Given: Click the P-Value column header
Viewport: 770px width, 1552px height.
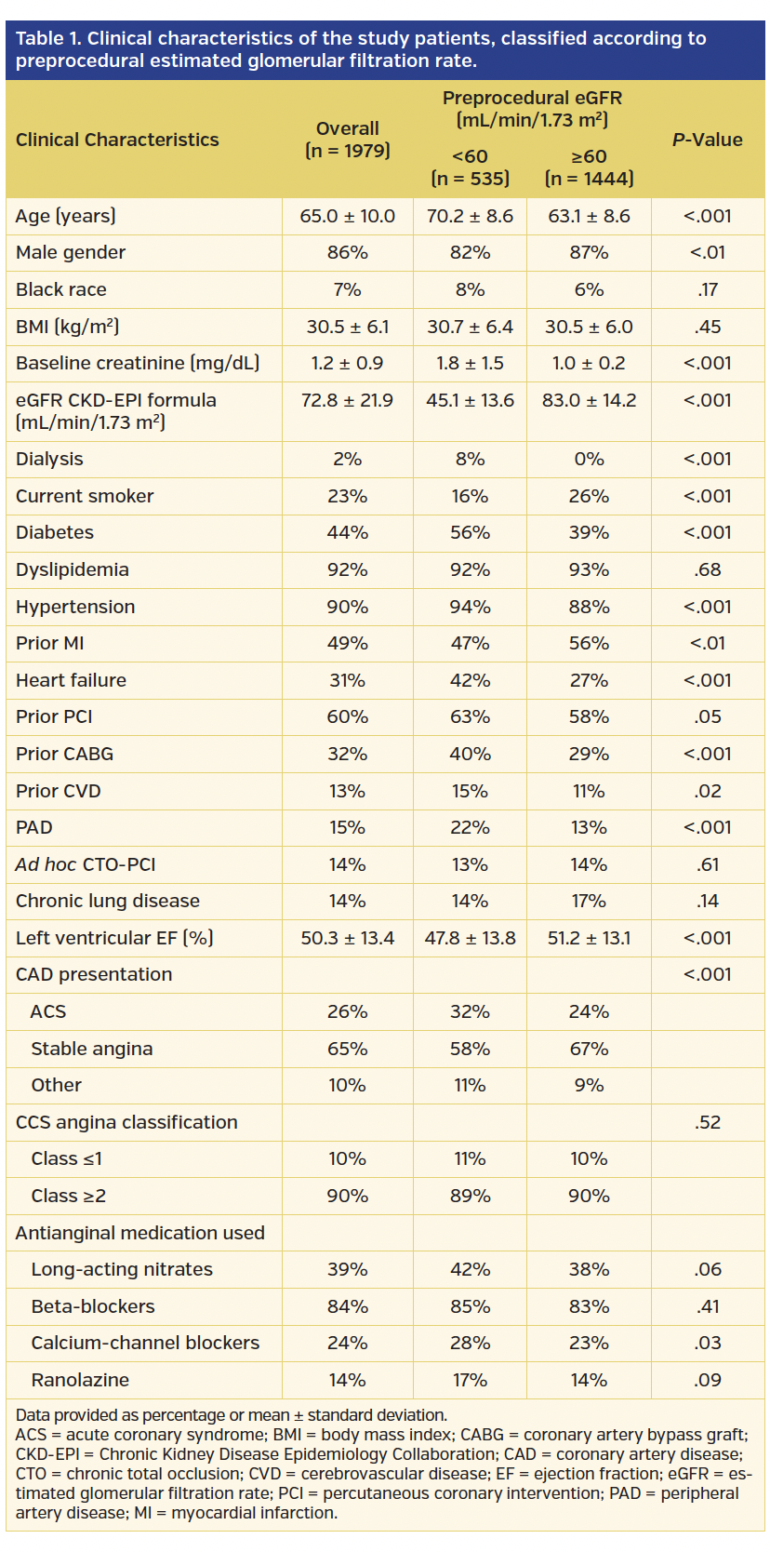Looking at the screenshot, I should [x=707, y=140].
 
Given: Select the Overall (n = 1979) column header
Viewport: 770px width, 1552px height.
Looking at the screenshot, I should [x=347, y=140].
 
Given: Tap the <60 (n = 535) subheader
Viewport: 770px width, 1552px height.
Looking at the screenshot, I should [x=470, y=167].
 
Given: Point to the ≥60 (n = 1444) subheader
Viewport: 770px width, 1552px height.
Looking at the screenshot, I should [x=589, y=167].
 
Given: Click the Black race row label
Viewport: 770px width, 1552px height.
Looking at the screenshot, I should [x=61, y=289].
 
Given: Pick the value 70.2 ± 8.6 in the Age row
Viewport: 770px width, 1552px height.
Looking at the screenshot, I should [x=470, y=216].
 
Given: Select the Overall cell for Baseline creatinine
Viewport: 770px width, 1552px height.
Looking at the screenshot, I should [x=347, y=363].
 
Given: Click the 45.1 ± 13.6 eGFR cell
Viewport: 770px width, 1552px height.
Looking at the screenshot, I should [x=470, y=400].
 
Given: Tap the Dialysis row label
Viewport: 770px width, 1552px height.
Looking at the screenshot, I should [x=49, y=459].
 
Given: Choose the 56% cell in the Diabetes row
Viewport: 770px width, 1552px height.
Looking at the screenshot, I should [x=470, y=532].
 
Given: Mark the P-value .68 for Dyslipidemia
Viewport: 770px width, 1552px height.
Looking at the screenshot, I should [x=707, y=569].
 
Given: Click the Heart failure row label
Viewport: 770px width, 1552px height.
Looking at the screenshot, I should [x=71, y=680].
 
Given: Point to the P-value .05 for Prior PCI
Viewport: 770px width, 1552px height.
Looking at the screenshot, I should [x=707, y=716].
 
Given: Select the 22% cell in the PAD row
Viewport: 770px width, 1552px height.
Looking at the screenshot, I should [x=470, y=827].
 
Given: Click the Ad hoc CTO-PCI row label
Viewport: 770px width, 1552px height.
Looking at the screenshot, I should [x=86, y=864].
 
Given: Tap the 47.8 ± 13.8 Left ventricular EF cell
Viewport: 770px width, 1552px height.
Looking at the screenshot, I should [x=470, y=938].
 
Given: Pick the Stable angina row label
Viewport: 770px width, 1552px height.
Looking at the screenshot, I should [x=91, y=1049].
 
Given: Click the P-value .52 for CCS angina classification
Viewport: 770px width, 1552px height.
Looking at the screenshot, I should [x=707, y=1122].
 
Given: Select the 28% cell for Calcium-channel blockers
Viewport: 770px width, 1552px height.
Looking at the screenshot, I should [x=470, y=1343].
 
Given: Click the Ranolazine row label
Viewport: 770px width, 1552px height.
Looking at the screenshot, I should [x=80, y=1380].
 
